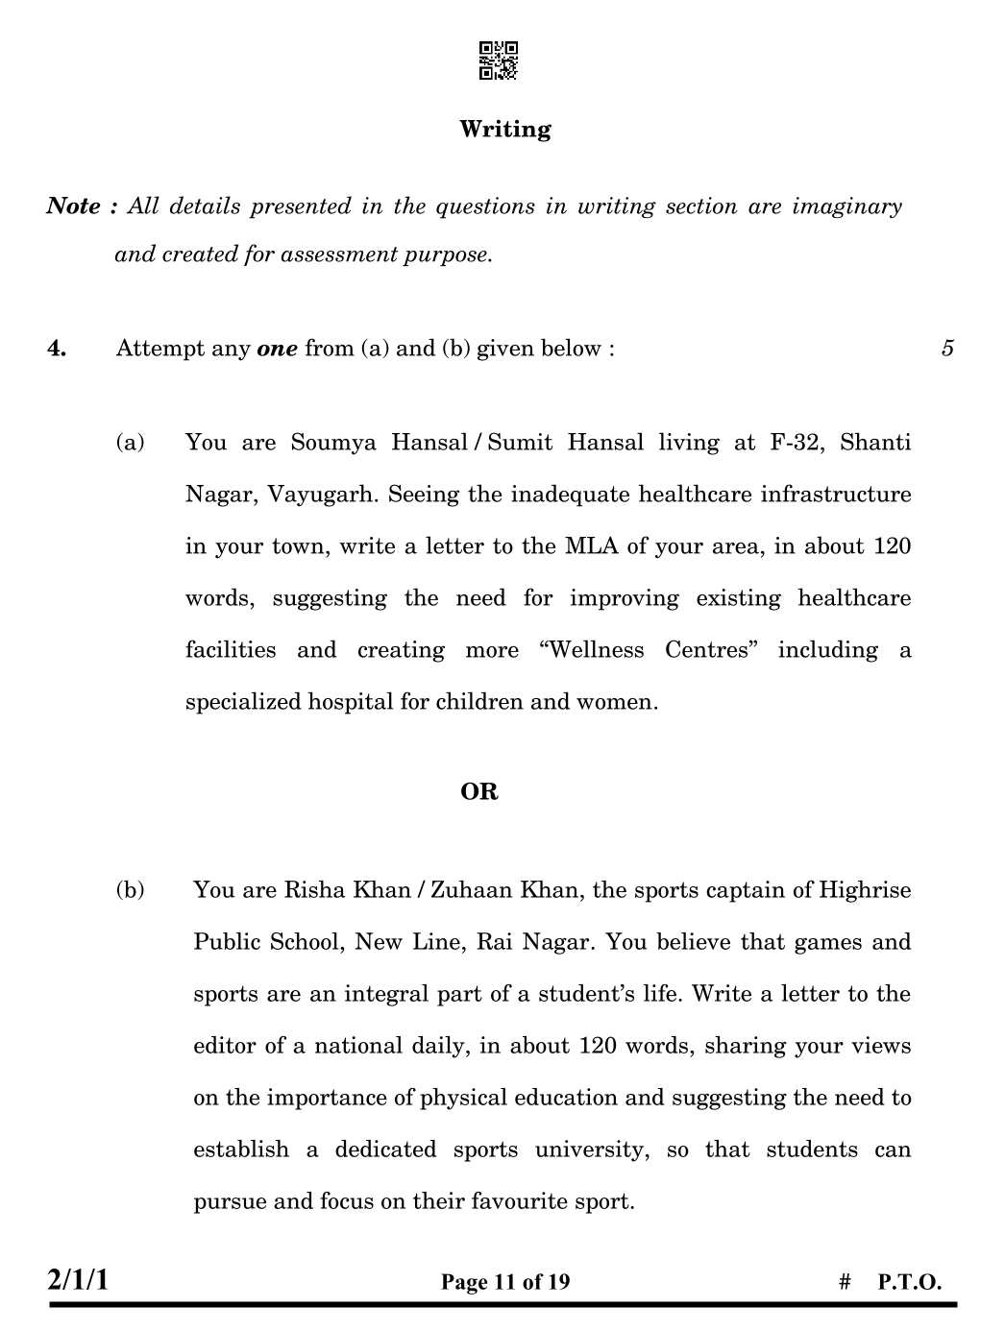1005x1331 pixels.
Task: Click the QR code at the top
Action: [x=499, y=60]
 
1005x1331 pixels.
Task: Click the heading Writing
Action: [x=504, y=130]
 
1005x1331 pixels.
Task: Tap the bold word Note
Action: [x=74, y=206]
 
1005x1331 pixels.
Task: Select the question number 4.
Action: [x=57, y=349]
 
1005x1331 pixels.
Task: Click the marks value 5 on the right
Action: [x=947, y=349]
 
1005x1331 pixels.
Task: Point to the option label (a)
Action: [x=130, y=443]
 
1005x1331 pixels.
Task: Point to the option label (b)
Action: [x=130, y=890]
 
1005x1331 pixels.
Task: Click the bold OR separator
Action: [x=478, y=792]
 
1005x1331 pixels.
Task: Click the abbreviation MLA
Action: [x=592, y=547]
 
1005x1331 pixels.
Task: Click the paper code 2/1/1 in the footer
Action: [x=78, y=1280]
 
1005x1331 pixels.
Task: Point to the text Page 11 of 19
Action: [x=505, y=1282]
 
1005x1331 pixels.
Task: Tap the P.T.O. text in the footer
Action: [x=909, y=1282]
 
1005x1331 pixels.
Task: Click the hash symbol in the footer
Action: [x=846, y=1282]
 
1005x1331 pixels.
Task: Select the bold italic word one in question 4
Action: [x=278, y=349]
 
